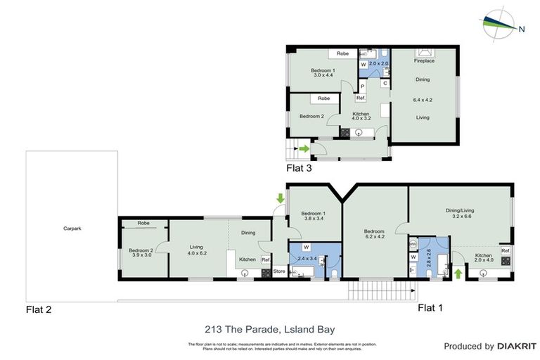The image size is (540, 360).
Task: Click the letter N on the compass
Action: tap(521, 29)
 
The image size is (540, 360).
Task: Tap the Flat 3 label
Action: tap(299, 168)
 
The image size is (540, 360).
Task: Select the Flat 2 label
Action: tap(39, 309)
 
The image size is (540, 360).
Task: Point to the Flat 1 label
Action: tap(430, 307)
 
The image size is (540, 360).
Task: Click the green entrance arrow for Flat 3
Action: tap(303, 148)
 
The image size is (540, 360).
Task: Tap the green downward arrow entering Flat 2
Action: tap(280, 199)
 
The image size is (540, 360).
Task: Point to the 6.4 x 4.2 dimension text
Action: tap(423, 100)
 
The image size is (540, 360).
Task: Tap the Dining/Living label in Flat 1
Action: tap(460, 209)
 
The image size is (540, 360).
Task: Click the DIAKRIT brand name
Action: tap(517, 346)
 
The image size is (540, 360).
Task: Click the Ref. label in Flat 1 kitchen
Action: tap(506, 250)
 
